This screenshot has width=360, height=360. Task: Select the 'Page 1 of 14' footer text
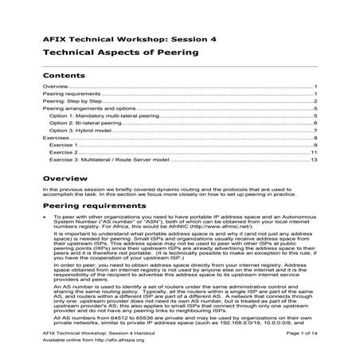tap(300, 338)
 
